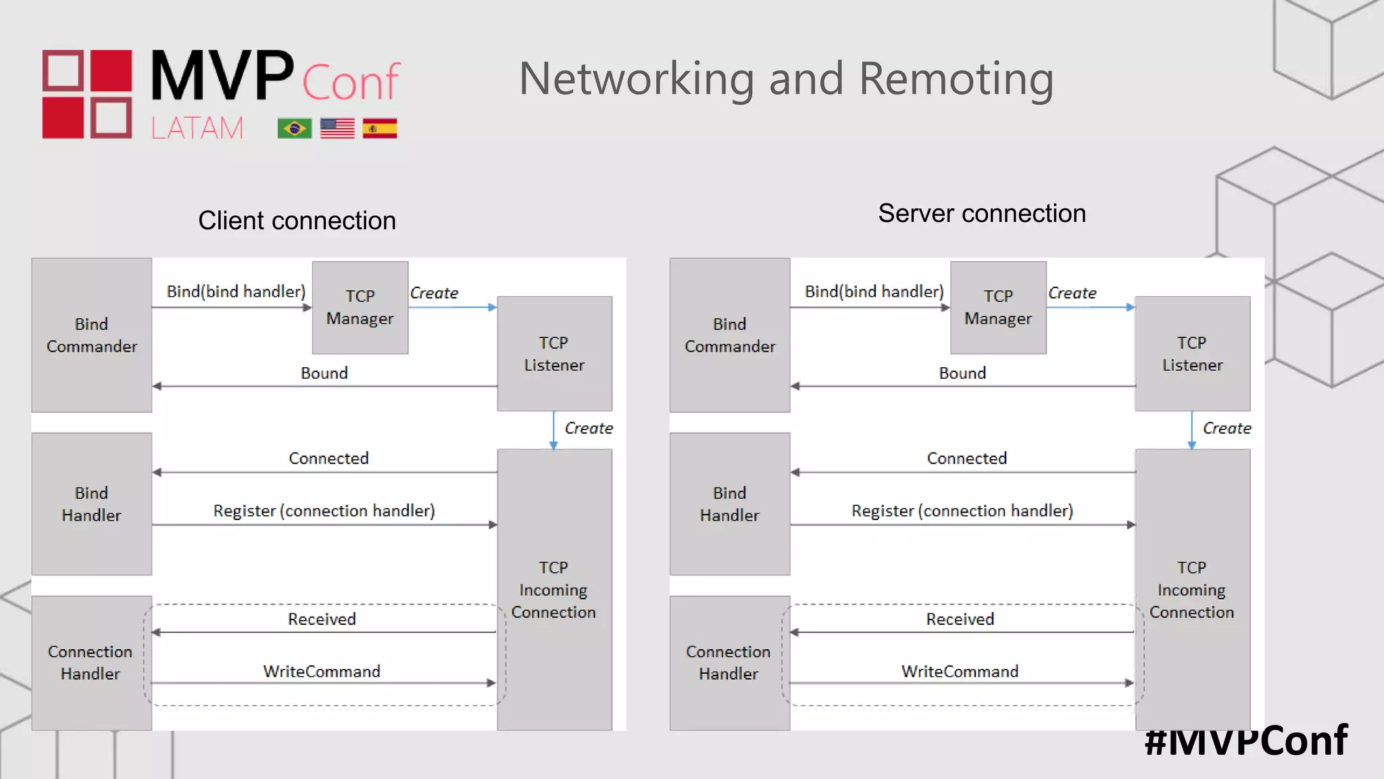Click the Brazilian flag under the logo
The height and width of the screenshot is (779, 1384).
click(294, 128)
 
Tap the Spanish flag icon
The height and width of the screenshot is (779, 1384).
click(379, 128)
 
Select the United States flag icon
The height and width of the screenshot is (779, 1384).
click(337, 128)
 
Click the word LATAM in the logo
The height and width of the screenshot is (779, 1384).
click(197, 128)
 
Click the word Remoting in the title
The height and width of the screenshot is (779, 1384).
click(956, 79)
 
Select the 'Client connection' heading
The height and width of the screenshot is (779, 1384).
click(297, 220)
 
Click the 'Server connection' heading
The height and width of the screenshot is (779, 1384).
click(981, 213)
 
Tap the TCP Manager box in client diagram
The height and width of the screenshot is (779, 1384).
click(360, 308)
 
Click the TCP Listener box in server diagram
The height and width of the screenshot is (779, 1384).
click(1192, 354)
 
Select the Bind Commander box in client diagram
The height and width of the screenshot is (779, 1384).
click(91, 335)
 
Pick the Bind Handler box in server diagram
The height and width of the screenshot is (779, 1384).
click(729, 504)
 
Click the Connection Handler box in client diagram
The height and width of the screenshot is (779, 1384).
click(91, 663)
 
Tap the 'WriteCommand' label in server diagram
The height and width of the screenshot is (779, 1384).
click(959, 671)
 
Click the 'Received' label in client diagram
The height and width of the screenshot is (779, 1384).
click(322, 619)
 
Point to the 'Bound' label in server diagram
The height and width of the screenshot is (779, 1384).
click(962, 373)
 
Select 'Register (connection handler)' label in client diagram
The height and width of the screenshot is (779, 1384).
click(324, 511)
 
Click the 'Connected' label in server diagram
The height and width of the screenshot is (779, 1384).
click(966, 458)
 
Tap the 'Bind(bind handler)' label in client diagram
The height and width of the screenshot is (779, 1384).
click(236, 291)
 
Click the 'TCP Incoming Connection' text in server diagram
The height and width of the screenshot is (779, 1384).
click(1191, 590)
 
